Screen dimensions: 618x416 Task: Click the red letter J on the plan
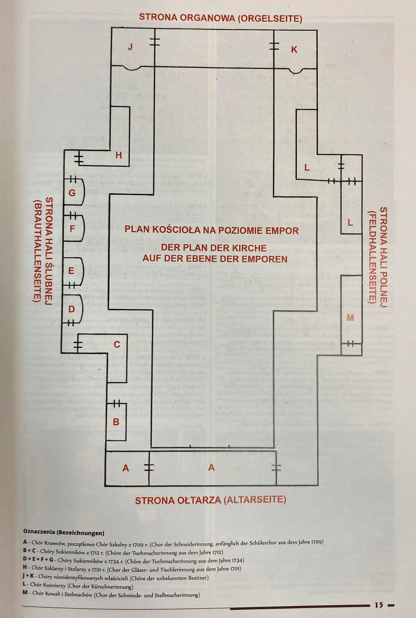pos(130,47)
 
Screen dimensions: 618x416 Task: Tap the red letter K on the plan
pos(294,50)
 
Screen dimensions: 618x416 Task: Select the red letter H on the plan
pos(119,155)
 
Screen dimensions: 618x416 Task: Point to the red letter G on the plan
pos(72,193)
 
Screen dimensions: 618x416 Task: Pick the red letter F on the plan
pos(72,229)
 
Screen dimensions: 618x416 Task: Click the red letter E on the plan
pos(71,271)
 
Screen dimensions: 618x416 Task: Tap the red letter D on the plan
pos(72,309)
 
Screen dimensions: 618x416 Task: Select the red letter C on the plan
pos(117,344)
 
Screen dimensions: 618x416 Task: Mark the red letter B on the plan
pos(116,422)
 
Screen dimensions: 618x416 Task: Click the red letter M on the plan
pos(350,317)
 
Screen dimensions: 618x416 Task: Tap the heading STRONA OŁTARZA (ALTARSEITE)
pos(210,500)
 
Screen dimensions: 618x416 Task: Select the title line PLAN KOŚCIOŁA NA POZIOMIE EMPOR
pos(212,231)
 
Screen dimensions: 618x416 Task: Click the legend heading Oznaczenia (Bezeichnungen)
pos(64,533)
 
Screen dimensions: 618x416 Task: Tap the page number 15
pos(379,605)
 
